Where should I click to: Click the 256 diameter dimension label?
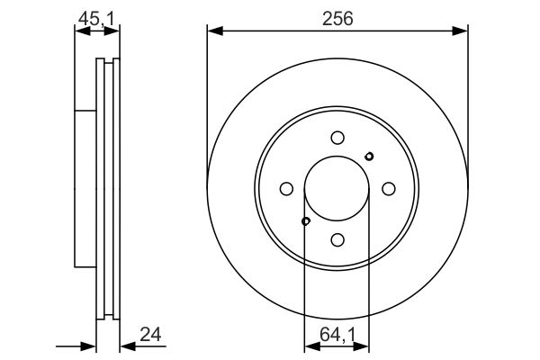pos(337,19)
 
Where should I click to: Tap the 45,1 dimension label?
pos(96,19)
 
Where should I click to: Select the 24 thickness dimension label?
pos(150,334)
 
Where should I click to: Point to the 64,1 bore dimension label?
pos(337,334)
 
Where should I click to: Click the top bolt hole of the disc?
pos(337,138)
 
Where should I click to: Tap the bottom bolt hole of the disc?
pos(337,239)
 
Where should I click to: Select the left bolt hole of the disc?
pos(286,189)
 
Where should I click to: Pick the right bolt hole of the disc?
pos(389,189)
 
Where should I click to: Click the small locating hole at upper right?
pos(369,157)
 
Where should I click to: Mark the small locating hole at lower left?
pos(306,221)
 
